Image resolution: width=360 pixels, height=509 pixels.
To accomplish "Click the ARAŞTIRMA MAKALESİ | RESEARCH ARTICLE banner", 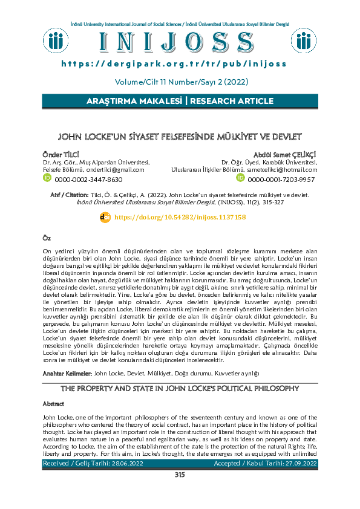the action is point(180,101).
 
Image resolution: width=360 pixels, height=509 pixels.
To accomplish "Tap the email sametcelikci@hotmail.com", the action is point(282,170).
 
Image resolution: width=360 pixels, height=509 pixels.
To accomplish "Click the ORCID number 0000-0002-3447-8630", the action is point(88,180).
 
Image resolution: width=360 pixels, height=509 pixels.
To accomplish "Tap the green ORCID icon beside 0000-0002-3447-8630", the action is point(47,179).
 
